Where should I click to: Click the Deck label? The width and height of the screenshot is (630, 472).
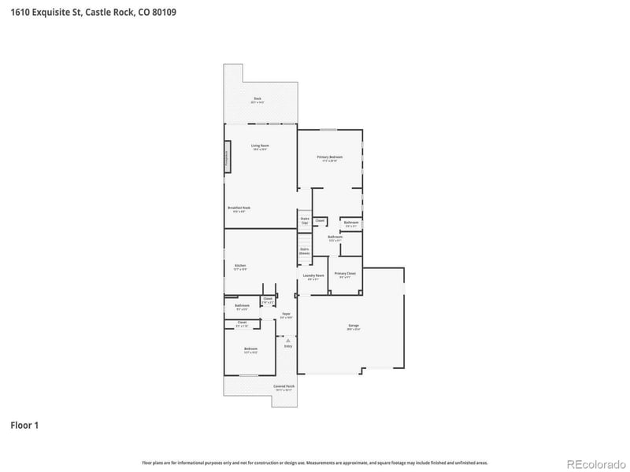[x=258, y=100]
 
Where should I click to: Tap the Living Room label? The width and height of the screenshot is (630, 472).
[x=260, y=146]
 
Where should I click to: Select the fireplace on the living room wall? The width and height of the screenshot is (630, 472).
[x=228, y=156]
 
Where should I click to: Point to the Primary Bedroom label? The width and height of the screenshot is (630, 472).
[x=330, y=158]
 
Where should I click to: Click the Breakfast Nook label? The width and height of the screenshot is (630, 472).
[x=241, y=208]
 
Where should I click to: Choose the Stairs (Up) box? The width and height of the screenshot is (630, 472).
[x=305, y=221]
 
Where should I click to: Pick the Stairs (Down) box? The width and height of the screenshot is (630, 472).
[x=305, y=251]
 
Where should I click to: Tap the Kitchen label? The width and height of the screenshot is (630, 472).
[x=240, y=267]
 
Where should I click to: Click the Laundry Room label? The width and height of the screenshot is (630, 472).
[x=313, y=276]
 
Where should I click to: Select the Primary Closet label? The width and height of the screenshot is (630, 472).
[x=345, y=274]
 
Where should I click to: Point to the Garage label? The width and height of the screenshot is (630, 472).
[x=354, y=326]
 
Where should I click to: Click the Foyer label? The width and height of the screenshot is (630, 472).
[x=287, y=315]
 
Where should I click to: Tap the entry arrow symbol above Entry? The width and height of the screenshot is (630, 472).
[x=288, y=339]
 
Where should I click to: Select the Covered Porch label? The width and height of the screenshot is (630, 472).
[x=284, y=387]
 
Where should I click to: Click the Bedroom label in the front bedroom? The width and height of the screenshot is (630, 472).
[x=250, y=349]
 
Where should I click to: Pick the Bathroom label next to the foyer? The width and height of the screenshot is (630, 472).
[x=241, y=306]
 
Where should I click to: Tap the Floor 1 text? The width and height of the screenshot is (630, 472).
[x=24, y=426]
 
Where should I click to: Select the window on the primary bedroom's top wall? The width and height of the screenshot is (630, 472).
[x=329, y=130]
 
